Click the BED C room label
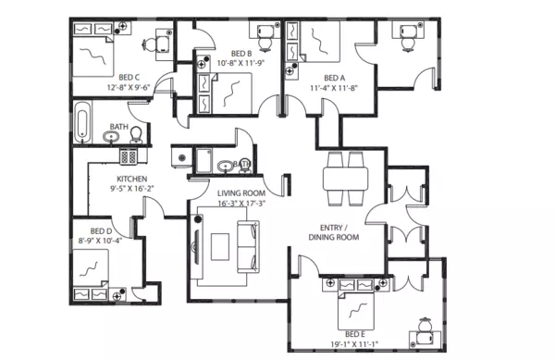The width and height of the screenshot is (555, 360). pos(129,78)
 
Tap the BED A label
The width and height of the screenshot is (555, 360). pos(334,78)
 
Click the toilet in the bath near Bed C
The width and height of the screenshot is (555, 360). pos(135,137)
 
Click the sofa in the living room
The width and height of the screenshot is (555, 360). pos(248,246)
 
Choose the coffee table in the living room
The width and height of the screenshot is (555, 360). pos(219,247)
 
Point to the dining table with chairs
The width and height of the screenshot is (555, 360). pos(346,177)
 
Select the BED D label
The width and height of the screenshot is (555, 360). pos(101,230)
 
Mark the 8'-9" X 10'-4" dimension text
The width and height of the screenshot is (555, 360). pos(101,241)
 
